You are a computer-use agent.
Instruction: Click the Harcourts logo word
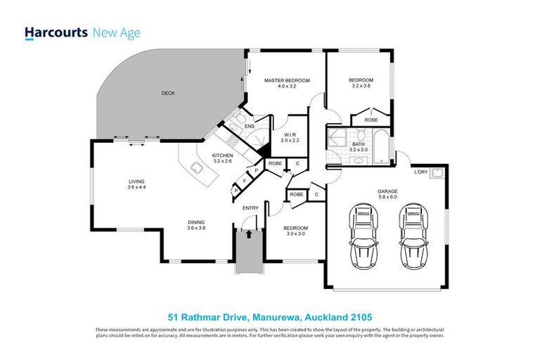(56, 32)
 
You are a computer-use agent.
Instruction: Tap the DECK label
(167, 94)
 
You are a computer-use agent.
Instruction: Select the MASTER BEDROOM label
(285, 81)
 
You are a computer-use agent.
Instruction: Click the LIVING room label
(127, 181)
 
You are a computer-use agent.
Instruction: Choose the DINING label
(197, 222)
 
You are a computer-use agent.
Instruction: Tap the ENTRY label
(250, 208)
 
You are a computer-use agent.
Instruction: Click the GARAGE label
(387, 191)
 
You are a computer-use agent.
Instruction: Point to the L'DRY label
(420, 172)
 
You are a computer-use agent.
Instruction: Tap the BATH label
(359, 144)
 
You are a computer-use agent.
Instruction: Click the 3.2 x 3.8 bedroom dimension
(361, 86)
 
